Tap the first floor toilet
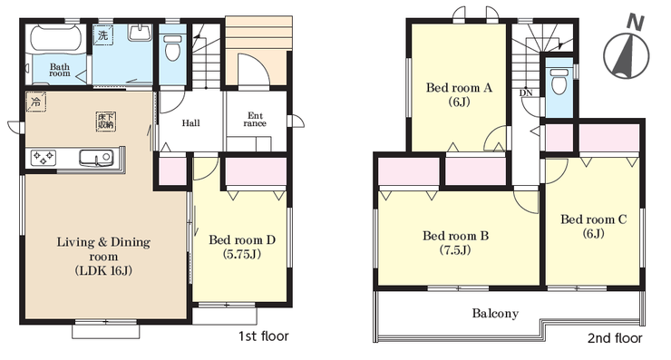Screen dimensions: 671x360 [173, 47]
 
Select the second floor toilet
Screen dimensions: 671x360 [559, 82]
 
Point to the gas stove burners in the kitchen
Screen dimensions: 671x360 [44, 158]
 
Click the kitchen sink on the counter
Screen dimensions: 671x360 [96, 158]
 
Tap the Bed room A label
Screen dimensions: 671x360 [459, 94]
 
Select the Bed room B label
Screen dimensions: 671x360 [456, 243]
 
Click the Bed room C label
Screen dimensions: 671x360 [594, 226]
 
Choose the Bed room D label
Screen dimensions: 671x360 [242, 247]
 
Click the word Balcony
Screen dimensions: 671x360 [495, 314]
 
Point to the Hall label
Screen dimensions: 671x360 [190, 123]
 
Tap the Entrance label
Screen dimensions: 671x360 [255, 120]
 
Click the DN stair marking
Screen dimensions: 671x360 [526, 92]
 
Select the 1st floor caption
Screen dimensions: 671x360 [264, 336]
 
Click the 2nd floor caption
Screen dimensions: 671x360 [615, 338]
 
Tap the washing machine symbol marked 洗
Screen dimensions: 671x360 [103, 34]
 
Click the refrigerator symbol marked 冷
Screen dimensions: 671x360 [36, 102]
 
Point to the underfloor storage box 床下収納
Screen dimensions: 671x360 [106, 122]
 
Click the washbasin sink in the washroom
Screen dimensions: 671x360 [140, 33]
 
